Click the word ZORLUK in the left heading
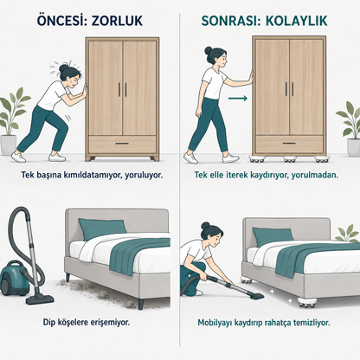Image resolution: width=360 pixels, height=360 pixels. pos(117,21)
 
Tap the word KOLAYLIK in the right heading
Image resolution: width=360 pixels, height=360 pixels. pos(296,21)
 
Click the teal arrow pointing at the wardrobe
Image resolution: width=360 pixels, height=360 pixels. pos(238,99)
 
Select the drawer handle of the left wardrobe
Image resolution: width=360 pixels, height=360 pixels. pos(122,144)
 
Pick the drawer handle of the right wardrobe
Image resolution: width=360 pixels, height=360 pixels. pos(289,143)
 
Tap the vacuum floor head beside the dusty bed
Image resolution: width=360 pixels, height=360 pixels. pos(40,299)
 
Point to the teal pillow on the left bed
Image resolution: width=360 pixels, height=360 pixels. pos(102,228)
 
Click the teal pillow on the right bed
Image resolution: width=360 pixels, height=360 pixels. pos(273,236)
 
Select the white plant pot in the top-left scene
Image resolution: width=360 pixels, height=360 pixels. pos(8,145)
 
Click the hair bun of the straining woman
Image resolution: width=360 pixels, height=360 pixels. pos(63,68)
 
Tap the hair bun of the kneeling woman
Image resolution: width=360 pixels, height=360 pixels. pos(205,226)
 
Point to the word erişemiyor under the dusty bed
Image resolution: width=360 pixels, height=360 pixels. pos(110,322)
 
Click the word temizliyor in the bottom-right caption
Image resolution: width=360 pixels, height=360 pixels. pos(312,322)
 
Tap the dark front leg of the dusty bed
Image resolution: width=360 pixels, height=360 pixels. pos(141,305)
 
